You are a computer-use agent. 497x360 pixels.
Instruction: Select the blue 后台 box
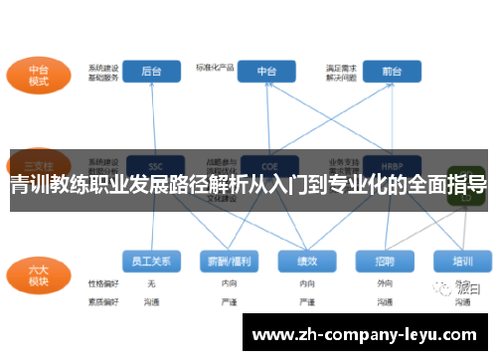152,72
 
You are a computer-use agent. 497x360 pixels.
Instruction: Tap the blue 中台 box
266,72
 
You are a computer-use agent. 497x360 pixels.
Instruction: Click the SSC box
154,166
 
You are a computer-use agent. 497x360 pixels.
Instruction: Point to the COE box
266,166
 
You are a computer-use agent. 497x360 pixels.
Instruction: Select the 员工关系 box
152,262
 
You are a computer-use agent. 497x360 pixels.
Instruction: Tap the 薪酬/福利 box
230,262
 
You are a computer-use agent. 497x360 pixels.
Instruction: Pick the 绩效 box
307,262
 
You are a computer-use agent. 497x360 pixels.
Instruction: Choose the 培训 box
462,262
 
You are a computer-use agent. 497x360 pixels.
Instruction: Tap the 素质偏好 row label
103,299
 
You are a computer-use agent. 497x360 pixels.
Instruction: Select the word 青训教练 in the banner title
54,185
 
